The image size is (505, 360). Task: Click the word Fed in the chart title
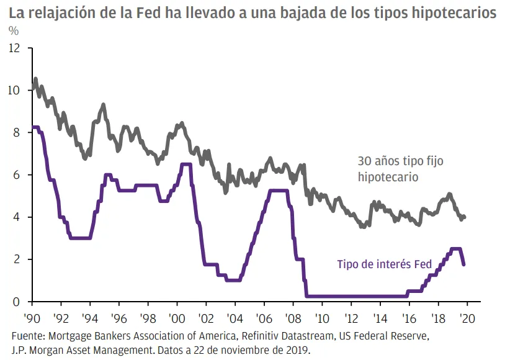coord(153,13)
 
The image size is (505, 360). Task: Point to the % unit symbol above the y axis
coord(13,31)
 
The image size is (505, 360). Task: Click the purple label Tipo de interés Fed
coord(384,264)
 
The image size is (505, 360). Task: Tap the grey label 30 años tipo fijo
coord(400,161)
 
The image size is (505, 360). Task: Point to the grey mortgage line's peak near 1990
coord(35,79)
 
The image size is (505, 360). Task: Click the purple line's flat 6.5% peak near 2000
coord(185,164)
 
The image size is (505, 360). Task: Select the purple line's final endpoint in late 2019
coord(463,264)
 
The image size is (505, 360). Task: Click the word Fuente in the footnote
coord(28,336)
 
